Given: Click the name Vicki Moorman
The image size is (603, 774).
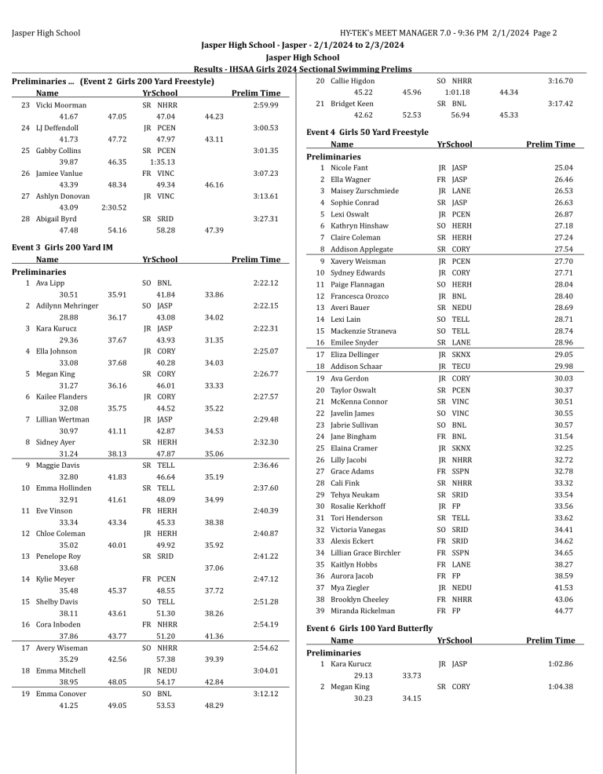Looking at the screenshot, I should pyautogui.click(x=60, y=104).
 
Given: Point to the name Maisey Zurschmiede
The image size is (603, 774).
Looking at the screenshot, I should pyautogui.click(x=364, y=191).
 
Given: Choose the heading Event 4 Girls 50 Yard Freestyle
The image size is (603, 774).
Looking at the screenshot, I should pyautogui.click(x=367, y=132).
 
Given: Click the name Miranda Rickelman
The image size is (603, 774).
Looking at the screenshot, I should pyautogui.click(x=363, y=611).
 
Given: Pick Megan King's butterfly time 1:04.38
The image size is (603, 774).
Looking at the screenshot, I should pyautogui.click(x=559, y=686).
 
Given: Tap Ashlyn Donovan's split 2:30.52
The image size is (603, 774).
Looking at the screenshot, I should pyautogui.click(x=115, y=207).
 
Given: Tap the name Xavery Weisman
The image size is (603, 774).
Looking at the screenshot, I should pyautogui.click(x=358, y=261).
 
